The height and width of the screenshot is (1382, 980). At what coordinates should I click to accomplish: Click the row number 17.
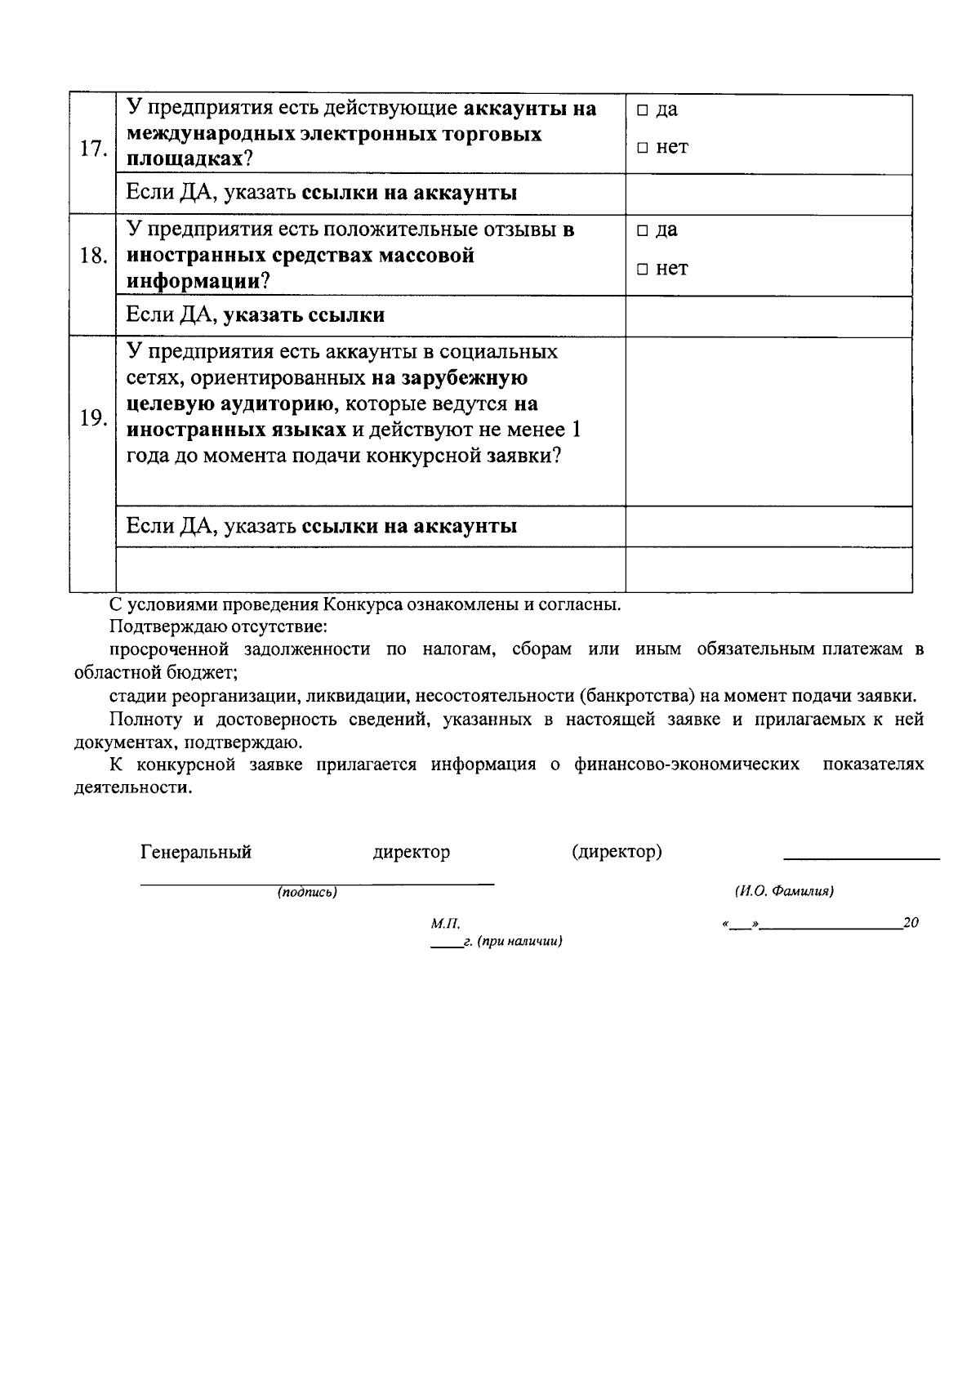click(92, 149)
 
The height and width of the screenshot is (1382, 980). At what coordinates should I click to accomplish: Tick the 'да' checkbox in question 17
click(643, 110)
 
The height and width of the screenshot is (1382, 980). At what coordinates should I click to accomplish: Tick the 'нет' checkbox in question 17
click(643, 149)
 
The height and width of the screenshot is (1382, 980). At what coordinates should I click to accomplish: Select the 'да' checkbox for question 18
click(643, 231)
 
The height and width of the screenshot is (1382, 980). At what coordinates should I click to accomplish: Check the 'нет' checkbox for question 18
click(643, 270)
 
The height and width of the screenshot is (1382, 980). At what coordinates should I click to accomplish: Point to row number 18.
click(92, 256)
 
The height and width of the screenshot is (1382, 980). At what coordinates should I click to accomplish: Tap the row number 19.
click(92, 418)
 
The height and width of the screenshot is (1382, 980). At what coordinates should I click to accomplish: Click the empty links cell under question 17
click(768, 194)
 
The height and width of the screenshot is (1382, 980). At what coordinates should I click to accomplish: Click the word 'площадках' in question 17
click(183, 159)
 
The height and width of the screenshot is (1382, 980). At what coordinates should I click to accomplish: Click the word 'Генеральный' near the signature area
click(196, 853)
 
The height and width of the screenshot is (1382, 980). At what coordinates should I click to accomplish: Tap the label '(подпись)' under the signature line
click(307, 894)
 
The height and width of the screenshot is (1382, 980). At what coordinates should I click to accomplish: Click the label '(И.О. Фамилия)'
click(784, 892)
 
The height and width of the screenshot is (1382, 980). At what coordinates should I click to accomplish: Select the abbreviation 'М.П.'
click(445, 924)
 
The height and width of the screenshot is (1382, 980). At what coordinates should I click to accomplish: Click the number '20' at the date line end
click(911, 923)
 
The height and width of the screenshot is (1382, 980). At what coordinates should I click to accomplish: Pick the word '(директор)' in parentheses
click(617, 853)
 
